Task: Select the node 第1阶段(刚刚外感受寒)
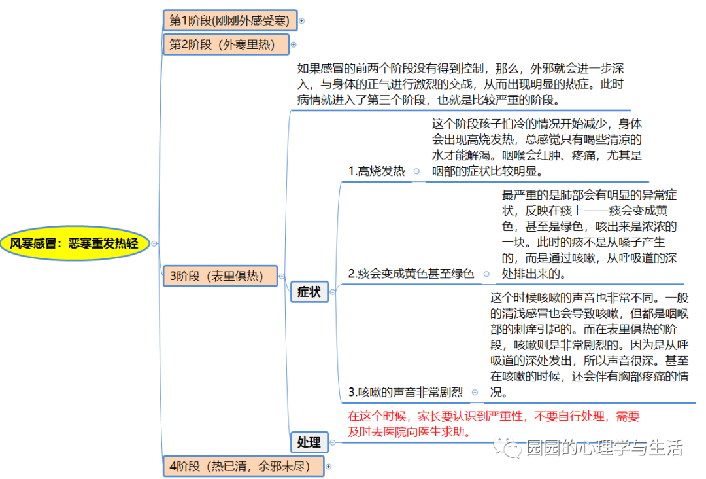pos(229,20)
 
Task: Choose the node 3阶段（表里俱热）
pos(220,276)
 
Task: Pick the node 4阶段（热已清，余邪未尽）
pos(243,467)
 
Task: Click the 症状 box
pos(309,292)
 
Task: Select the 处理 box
pos(309,442)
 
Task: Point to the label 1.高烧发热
pos(376,171)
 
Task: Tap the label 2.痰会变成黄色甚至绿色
pos(411,274)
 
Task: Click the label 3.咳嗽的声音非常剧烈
pos(405,393)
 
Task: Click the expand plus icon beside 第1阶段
pos(302,21)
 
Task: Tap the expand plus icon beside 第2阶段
pos(294,44)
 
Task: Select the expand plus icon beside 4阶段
pos(329,467)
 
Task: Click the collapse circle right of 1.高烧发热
pos(416,171)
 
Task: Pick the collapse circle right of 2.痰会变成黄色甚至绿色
pos(486,274)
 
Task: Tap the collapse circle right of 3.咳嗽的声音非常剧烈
pos(475,393)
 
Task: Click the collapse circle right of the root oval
pos(154,243)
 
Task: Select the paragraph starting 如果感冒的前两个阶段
pos(461,84)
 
